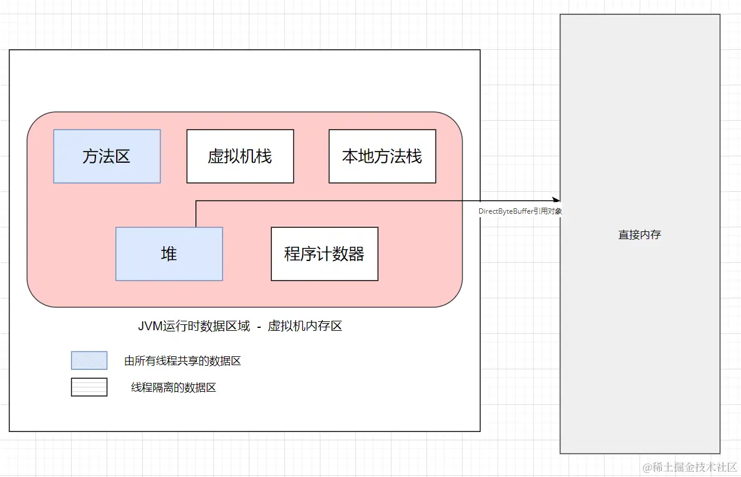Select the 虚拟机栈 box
(240, 156)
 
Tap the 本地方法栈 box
(382, 156)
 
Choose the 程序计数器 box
(324, 254)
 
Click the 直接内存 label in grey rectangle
(640, 234)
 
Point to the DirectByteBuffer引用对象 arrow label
(520, 211)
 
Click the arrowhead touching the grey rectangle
(556, 201)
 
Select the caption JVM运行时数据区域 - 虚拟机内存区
(240, 326)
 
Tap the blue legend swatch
(89, 360)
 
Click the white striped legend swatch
(89, 387)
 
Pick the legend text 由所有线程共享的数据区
(182, 361)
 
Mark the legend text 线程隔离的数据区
(174, 388)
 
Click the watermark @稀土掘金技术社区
(690, 467)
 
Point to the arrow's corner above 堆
(196, 201)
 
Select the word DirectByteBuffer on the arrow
(505, 211)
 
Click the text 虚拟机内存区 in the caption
(305, 326)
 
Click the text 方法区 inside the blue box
(107, 156)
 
